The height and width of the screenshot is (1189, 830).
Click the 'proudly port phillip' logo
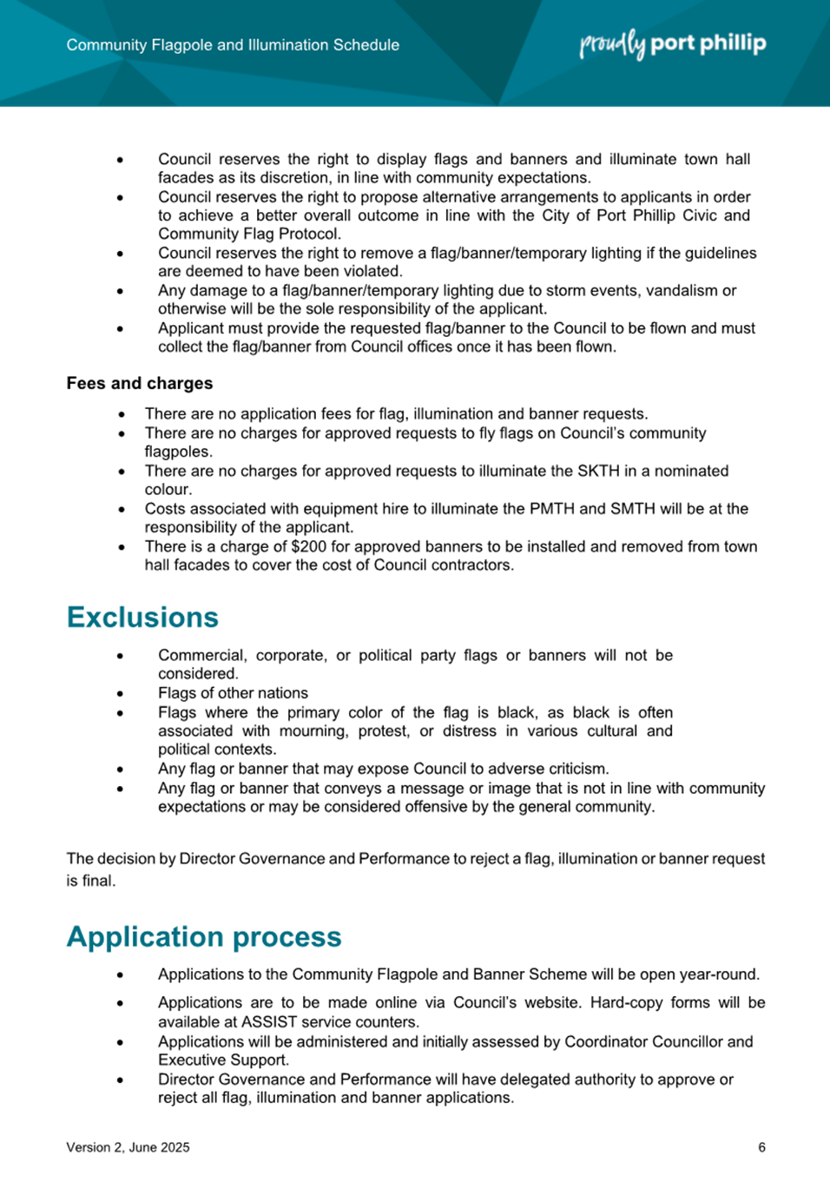pyautogui.click(x=673, y=44)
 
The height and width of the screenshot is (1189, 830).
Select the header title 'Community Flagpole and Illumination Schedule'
pyautogui.click(x=233, y=45)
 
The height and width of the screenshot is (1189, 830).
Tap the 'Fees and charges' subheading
pyautogui.click(x=140, y=383)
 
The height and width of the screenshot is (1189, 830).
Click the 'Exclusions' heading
pyautogui.click(x=142, y=617)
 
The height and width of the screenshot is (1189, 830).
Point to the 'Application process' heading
pyautogui.click(x=204, y=936)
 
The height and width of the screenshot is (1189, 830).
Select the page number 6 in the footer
pyautogui.click(x=761, y=1147)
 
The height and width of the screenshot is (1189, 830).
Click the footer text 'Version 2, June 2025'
pyautogui.click(x=128, y=1147)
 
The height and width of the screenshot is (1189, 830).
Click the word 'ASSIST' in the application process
pyautogui.click(x=270, y=1021)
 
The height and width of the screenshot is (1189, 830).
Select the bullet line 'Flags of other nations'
pyautogui.click(x=233, y=693)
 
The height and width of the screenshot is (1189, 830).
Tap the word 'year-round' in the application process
pyautogui.click(x=719, y=974)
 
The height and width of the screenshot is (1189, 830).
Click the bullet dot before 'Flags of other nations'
pyautogui.click(x=120, y=694)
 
